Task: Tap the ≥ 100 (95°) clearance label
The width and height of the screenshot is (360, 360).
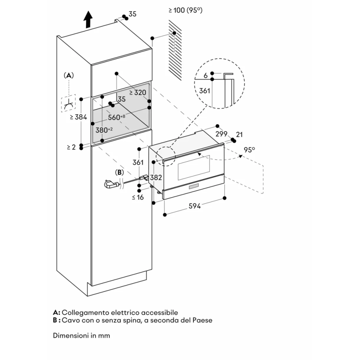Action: pyautogui.click(x=185, y=10)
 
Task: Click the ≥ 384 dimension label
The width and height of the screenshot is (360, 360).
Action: pyautogui.click(x=78, y=117)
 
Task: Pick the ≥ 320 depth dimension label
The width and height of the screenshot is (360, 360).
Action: pyautogui.click(x=138, y=92)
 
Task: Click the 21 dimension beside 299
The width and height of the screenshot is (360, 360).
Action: pyautogui.click(x=239, y=135)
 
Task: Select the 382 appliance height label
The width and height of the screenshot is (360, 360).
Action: pyautogui.click(x=156, y=177)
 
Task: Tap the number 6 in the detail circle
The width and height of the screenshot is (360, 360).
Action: pyautogui.click(x=205, y=76)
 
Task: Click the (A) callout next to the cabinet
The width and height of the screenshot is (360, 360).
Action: pyautogui.click(x=68, y=75)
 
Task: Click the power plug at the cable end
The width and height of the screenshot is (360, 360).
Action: pyautogui.click(x=111, y=184)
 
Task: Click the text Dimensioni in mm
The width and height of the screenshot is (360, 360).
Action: pyautogui.click(x=81, y=336)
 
